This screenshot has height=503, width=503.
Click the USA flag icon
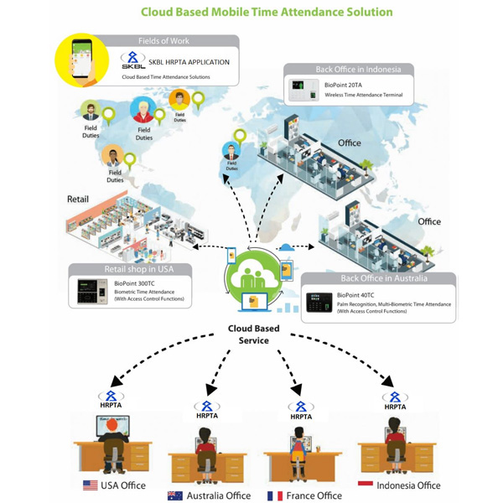point(90,485)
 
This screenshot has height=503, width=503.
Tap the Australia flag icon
point(175,495)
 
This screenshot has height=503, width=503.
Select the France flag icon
point(274,495)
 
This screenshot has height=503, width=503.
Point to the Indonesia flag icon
point(365,485)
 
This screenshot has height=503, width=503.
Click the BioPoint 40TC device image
point(319,302)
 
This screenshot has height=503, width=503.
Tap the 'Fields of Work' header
point(163,41)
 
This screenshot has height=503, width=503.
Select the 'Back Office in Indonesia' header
point(358,70)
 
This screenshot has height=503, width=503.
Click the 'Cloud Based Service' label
point(253,334)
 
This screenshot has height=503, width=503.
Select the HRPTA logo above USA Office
point(110,400)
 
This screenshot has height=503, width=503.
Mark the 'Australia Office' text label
point(220,495)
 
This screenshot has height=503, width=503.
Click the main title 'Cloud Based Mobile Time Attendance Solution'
point(266,13)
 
